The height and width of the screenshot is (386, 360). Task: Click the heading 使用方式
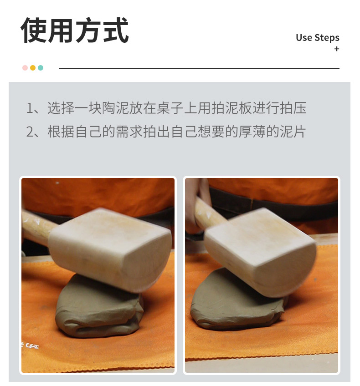coord(75,30)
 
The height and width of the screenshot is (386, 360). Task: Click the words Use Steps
coord(317,38)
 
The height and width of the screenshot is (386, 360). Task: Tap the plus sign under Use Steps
coord(337,49)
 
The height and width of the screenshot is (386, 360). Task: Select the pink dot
coord(25,68)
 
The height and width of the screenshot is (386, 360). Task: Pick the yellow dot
coord(33,68)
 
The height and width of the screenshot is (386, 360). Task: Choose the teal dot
coord(41,68)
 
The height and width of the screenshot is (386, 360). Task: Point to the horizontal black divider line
coord(199,68)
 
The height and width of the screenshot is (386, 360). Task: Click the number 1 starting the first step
coord(29,108)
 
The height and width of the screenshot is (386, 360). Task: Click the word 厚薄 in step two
coord(252,132)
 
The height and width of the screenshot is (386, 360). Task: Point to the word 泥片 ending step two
coord(293,132)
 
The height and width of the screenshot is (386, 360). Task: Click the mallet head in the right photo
coord(260,252)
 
